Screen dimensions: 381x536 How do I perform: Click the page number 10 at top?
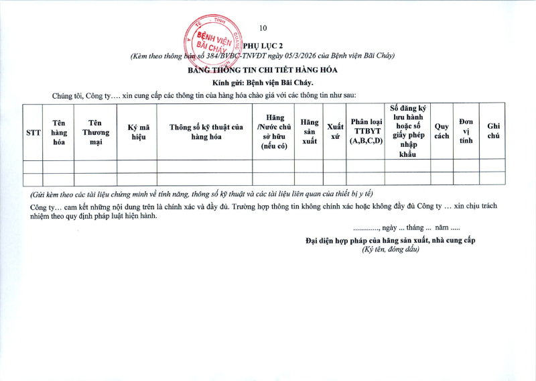[263, 28]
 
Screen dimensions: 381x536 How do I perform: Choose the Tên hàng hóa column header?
[59, 132]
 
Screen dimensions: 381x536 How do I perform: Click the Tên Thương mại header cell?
[95, 132]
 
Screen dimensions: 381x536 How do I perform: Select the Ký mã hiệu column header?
[137, 132]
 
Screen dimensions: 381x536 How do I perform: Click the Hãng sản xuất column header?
[309, 132]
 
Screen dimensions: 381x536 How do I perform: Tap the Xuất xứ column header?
[334, 132]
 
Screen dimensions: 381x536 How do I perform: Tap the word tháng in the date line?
[418, 228]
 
